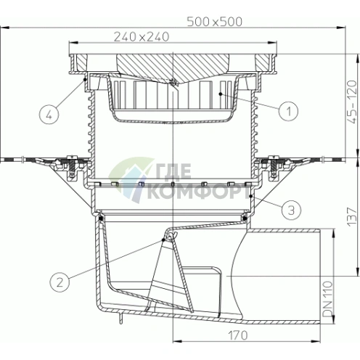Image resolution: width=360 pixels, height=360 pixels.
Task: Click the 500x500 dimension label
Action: click(x=214, y=22)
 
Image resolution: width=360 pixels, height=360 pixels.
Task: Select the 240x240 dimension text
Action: click(x=142, y=37)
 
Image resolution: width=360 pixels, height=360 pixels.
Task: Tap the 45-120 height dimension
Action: click(x=353, y=102)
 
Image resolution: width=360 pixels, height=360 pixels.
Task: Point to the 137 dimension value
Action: click(x=353, y=216)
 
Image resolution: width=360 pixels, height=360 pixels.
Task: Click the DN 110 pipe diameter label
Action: click(x=328, y=299)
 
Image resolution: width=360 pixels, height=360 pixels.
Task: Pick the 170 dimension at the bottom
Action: click(x=238, y=335)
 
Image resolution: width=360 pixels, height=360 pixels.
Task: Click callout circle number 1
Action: click(x=288, y=111)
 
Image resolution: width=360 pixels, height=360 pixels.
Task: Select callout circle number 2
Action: click(x=60, y=282)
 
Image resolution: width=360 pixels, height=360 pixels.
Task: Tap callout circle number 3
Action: click(x=291, y=210)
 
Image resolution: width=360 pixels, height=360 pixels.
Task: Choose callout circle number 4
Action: click(x=49, y=115)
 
